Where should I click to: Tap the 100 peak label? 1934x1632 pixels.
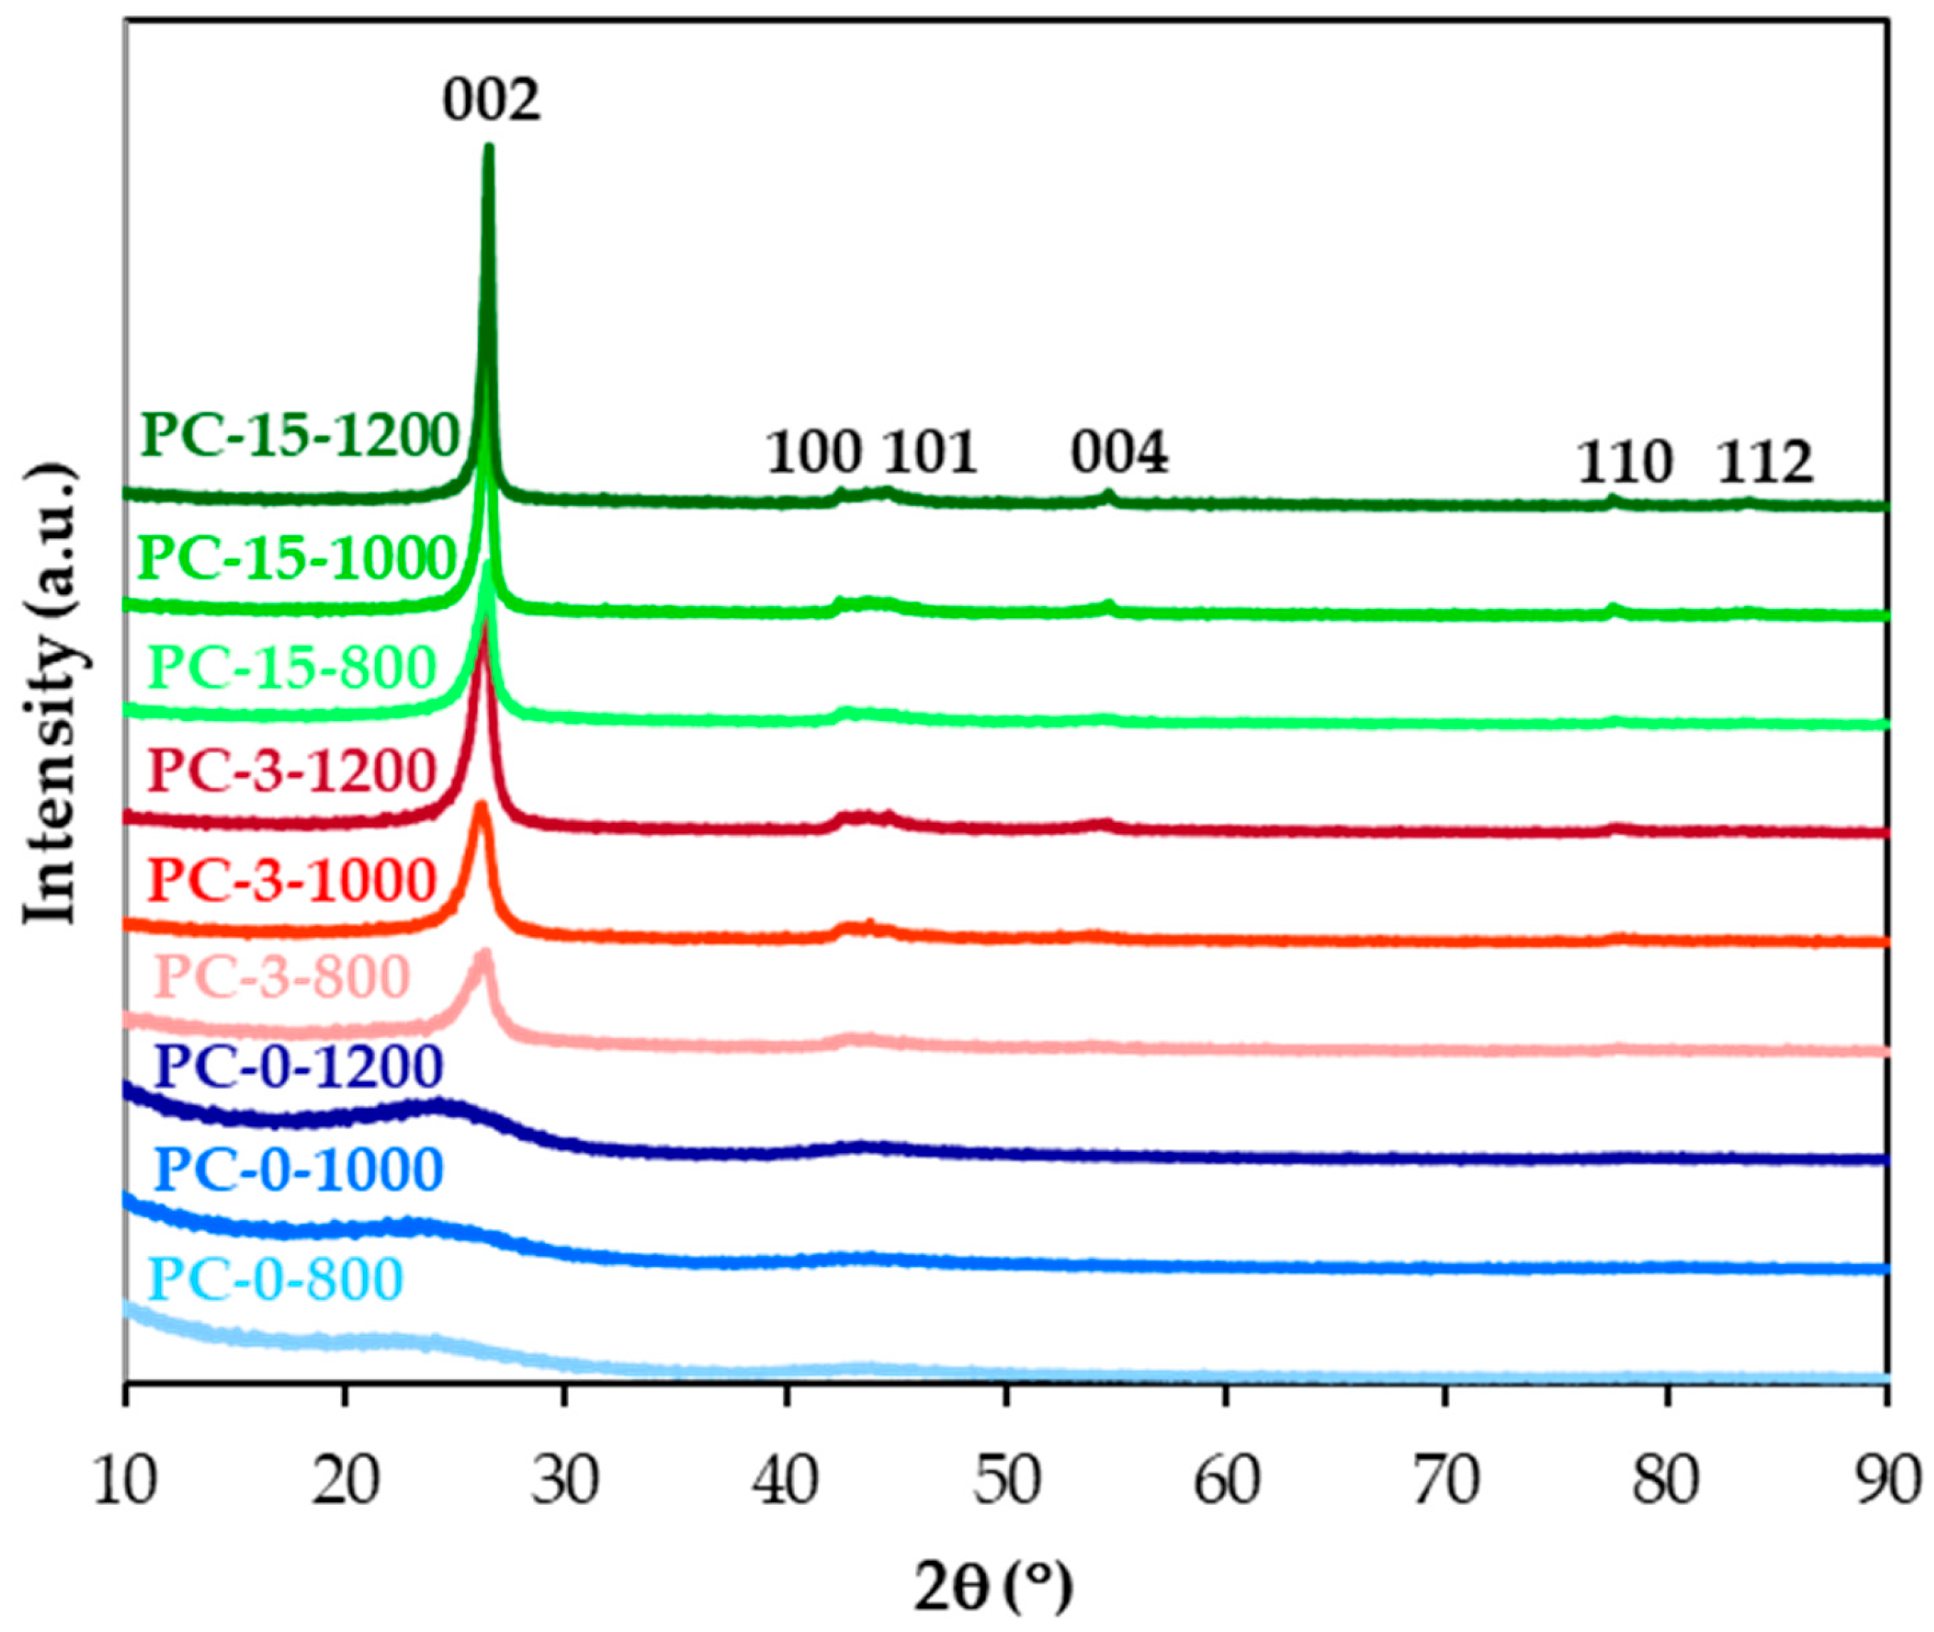pyautogui.click(x=814, y=453)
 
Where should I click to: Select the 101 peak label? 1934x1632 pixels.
pyautogui.click(x=929, y=453)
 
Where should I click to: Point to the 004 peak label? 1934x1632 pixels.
pyautogui.click(x=1120, y=453)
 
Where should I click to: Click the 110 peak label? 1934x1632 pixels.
pyautogui.click(x=1625, y=463)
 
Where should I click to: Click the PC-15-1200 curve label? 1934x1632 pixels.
pyautogui.click(x=301, y=435)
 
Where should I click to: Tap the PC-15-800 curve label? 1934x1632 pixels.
pyautogui.click(x=291, y=667)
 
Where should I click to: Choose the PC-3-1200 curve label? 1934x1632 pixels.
pyautogui.click(x=291, y=771)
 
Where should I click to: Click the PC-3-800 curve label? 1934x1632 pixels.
pyautogui.click(x=282, y=976)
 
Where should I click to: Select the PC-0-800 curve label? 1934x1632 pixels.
pyautogui.click(x=276, y=1280)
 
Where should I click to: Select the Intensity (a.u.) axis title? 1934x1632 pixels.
pyautogui.click(x=51, y=694)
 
